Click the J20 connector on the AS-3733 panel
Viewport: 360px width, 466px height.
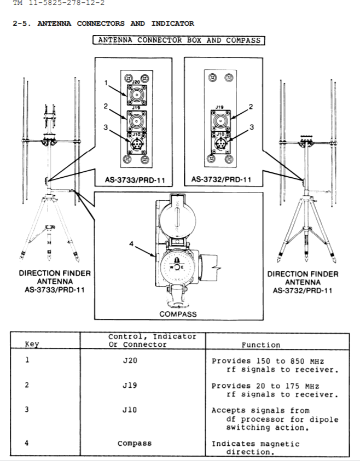(x=137, y=95)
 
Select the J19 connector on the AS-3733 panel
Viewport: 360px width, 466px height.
(x=137, y=121)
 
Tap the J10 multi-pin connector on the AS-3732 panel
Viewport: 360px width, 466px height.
(x=220, y=143)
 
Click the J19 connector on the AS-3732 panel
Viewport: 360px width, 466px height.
(x=220, y=120)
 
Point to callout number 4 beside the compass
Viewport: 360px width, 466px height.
(x=131, y=244)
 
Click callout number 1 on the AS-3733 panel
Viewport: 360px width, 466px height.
(x=106, y=83)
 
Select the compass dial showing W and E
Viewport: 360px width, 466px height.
(x=177, y=267)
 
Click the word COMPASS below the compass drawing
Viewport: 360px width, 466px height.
(x=178, y=314)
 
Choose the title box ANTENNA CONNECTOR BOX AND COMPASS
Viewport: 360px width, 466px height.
(x=179, y=40)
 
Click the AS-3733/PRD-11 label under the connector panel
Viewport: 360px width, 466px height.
(x=135, y=180)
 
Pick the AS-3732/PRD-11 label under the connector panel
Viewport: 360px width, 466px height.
(x=221, y=179)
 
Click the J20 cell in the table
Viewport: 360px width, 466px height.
(x=130, y=360)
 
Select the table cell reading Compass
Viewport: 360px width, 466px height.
(x=135, y=444)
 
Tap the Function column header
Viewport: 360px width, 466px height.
(x=261, y=345)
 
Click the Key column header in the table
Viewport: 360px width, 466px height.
(x=32, y=344)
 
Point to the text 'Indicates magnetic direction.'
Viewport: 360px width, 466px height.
(x=256, y=448)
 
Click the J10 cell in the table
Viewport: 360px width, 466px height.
(x=130, y=410)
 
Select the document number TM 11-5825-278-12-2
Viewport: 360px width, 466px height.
(x=59, y=3)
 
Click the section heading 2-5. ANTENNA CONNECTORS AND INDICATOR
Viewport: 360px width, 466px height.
(x=103, y=24)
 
